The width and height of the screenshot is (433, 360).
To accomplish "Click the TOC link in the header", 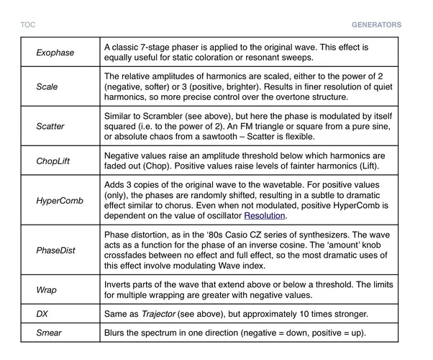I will click(28, 24).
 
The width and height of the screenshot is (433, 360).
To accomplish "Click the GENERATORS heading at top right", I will click(376, 24).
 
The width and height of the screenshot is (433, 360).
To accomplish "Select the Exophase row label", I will click(55, 53).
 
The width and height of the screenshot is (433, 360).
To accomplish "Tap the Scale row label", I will click(47, 86).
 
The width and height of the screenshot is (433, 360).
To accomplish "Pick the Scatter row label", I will click(50, 127).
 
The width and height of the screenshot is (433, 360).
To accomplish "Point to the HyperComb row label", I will click(57, 199).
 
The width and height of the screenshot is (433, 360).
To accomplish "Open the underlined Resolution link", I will click(265, 215).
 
